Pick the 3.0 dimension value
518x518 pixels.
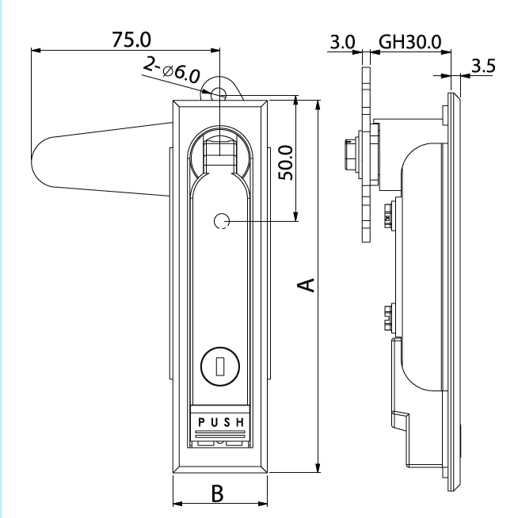pyautogui.click(x=343, y=42)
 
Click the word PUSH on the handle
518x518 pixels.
pyautogui.click(x=221, y=421)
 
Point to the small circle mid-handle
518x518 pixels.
pyautogui.click(x=223, y=223)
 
